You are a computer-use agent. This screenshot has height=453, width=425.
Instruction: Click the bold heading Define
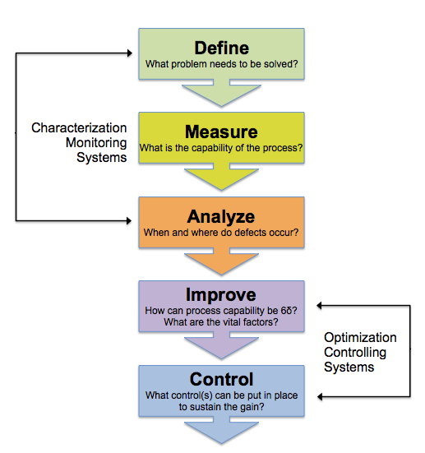[222, 48]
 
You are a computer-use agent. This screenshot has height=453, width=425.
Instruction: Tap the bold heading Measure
[221, 132]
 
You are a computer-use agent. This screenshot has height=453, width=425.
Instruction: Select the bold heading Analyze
[221, 217]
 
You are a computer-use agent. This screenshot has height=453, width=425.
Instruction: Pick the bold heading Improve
[221, 295]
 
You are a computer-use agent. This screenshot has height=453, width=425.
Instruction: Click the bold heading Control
[222, 379]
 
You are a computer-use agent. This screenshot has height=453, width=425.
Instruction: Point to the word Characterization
[79, 127]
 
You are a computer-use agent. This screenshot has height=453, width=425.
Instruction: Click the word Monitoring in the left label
[96, 143]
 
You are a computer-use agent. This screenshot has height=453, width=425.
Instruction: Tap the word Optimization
[360, 338]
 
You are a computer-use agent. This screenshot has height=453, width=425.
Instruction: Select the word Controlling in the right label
[355, 353]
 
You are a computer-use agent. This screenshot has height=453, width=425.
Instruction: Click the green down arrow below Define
[222, 93]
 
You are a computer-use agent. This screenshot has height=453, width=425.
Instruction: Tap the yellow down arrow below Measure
[222, 177]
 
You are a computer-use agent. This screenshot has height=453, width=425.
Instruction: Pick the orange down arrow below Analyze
[222, 261]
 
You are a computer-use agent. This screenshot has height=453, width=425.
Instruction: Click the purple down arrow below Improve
[222, 345]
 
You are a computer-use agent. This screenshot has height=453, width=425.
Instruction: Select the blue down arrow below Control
[222, 430]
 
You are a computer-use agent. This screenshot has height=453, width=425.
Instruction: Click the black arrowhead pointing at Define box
[130, 53]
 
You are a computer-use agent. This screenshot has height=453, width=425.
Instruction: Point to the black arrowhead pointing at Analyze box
[129, 221]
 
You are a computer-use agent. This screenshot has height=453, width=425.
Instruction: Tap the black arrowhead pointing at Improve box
[319, 305]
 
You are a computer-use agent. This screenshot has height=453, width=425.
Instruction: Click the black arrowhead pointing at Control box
[320, 396]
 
